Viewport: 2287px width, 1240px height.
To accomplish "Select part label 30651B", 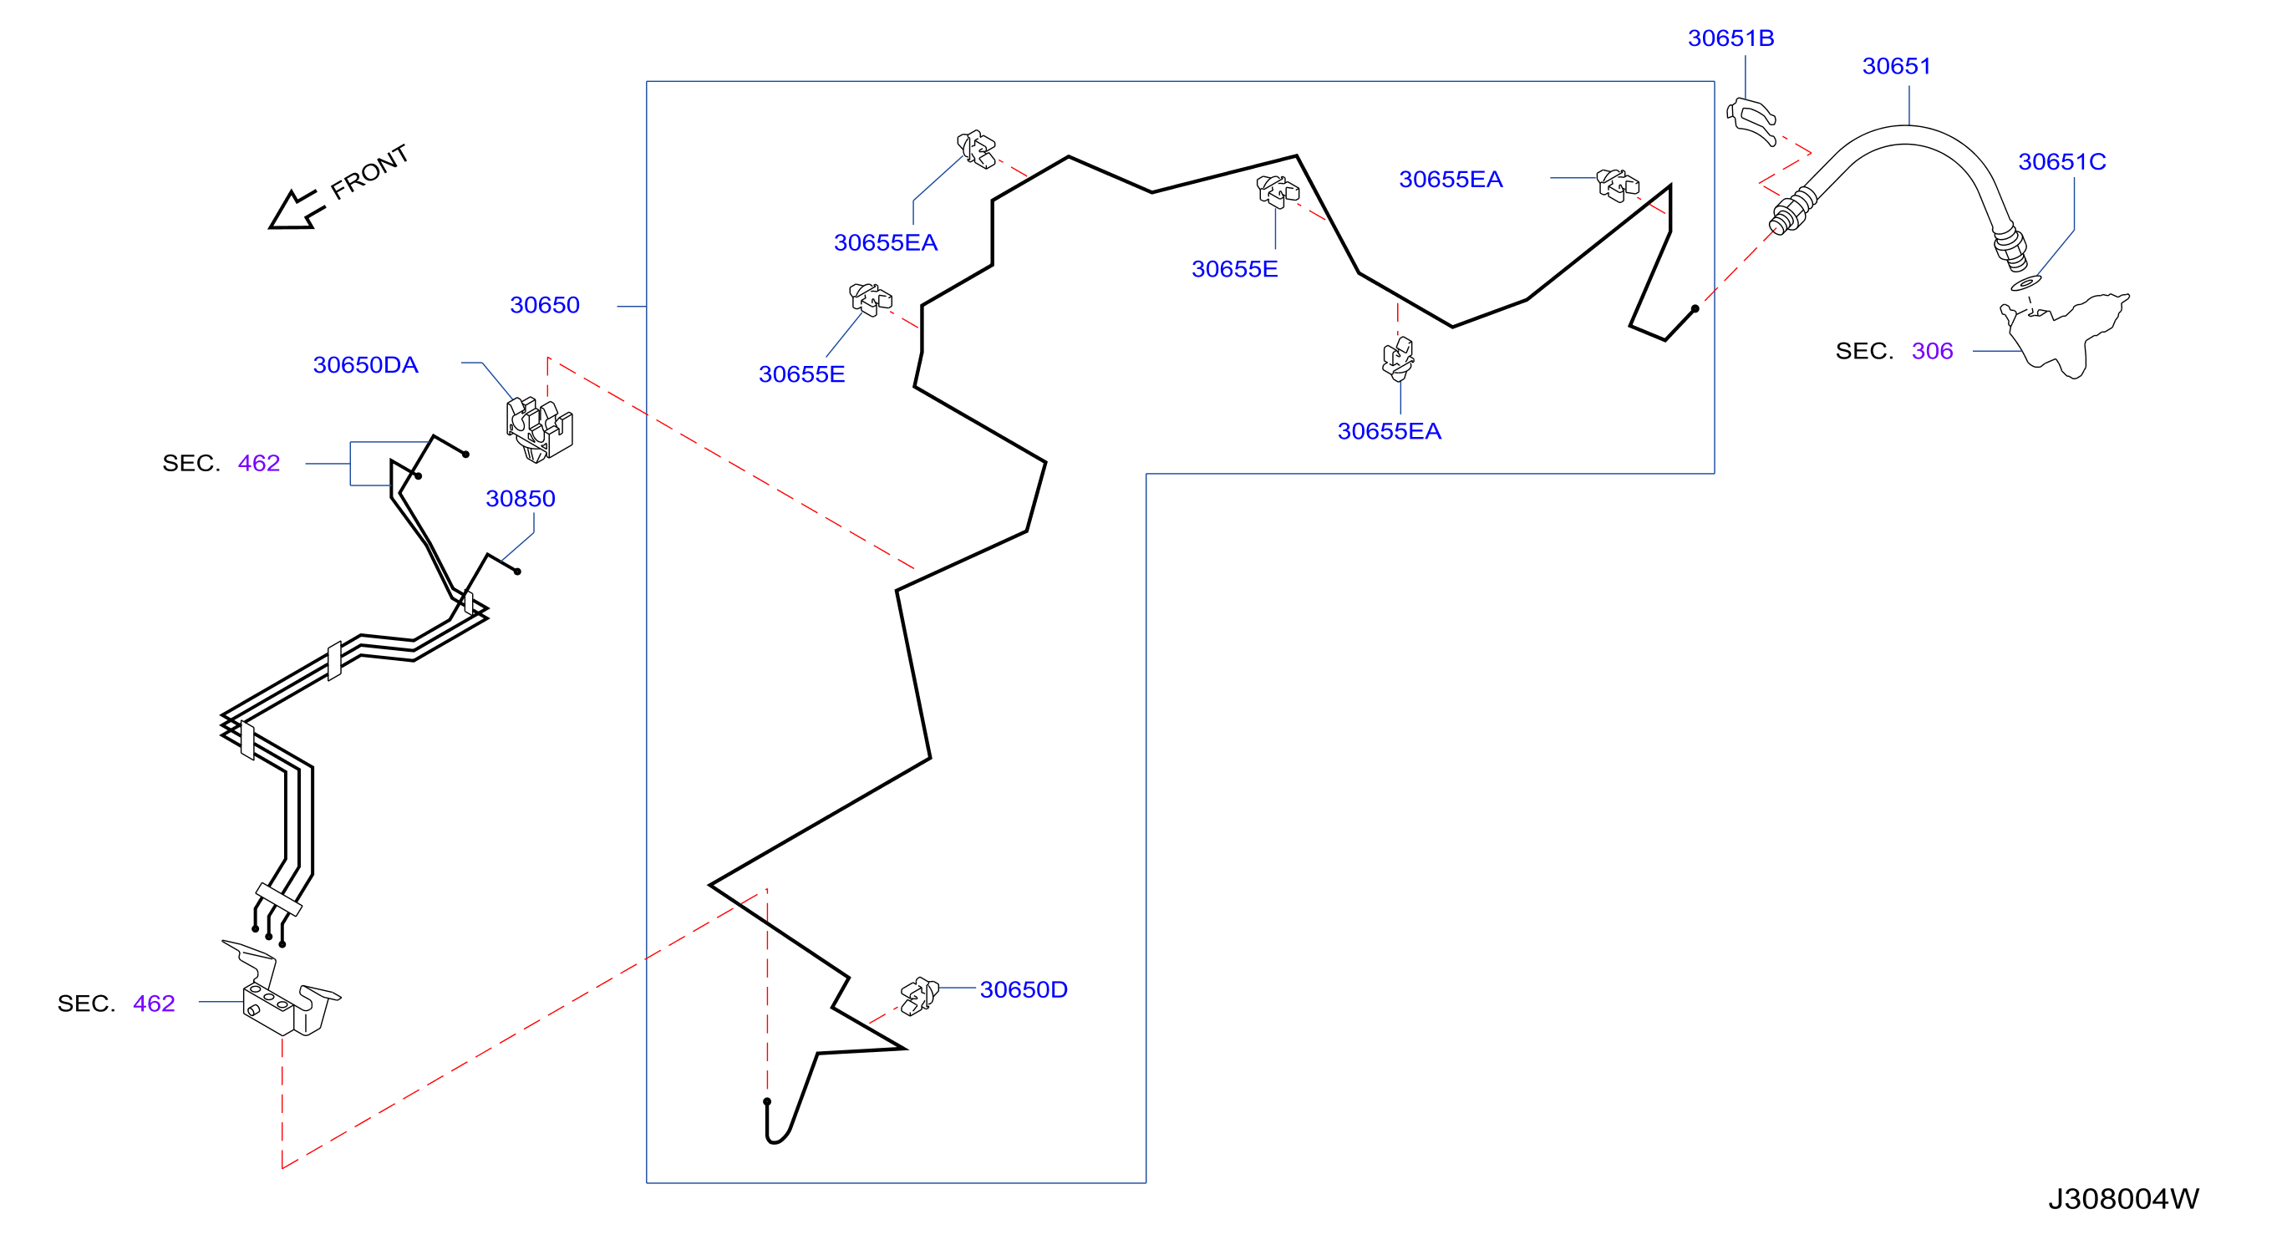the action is (x=1730, y=38).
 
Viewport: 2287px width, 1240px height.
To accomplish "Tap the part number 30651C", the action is (x=2061, y=161).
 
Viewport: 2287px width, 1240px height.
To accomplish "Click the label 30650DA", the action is (x=365, y=365).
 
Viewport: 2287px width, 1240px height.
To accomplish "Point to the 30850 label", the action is (x=521, y=499).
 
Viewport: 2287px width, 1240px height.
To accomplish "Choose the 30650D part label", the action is (x=1023, y=989).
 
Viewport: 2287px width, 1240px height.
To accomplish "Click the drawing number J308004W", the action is (x=2124, y=1199).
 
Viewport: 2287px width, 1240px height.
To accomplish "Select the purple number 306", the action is (x=1932, y=352).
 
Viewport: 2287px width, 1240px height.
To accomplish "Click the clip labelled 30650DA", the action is (x=539, y=430).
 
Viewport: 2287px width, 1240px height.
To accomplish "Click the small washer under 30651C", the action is (x=2025, y=283).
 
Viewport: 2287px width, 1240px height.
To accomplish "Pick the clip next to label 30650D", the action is (x=919, y=996).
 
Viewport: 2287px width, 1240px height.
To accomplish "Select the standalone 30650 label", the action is (x=544, y=305).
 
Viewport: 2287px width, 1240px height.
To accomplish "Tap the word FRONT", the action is (x=369, y=171).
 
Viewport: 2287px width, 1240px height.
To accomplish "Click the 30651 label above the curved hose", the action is (x=1897, y=67).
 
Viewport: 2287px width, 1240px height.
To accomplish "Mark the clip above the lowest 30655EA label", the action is (x=1398, y=358).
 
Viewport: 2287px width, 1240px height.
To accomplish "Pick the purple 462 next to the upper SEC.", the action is (x=258, y=464).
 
